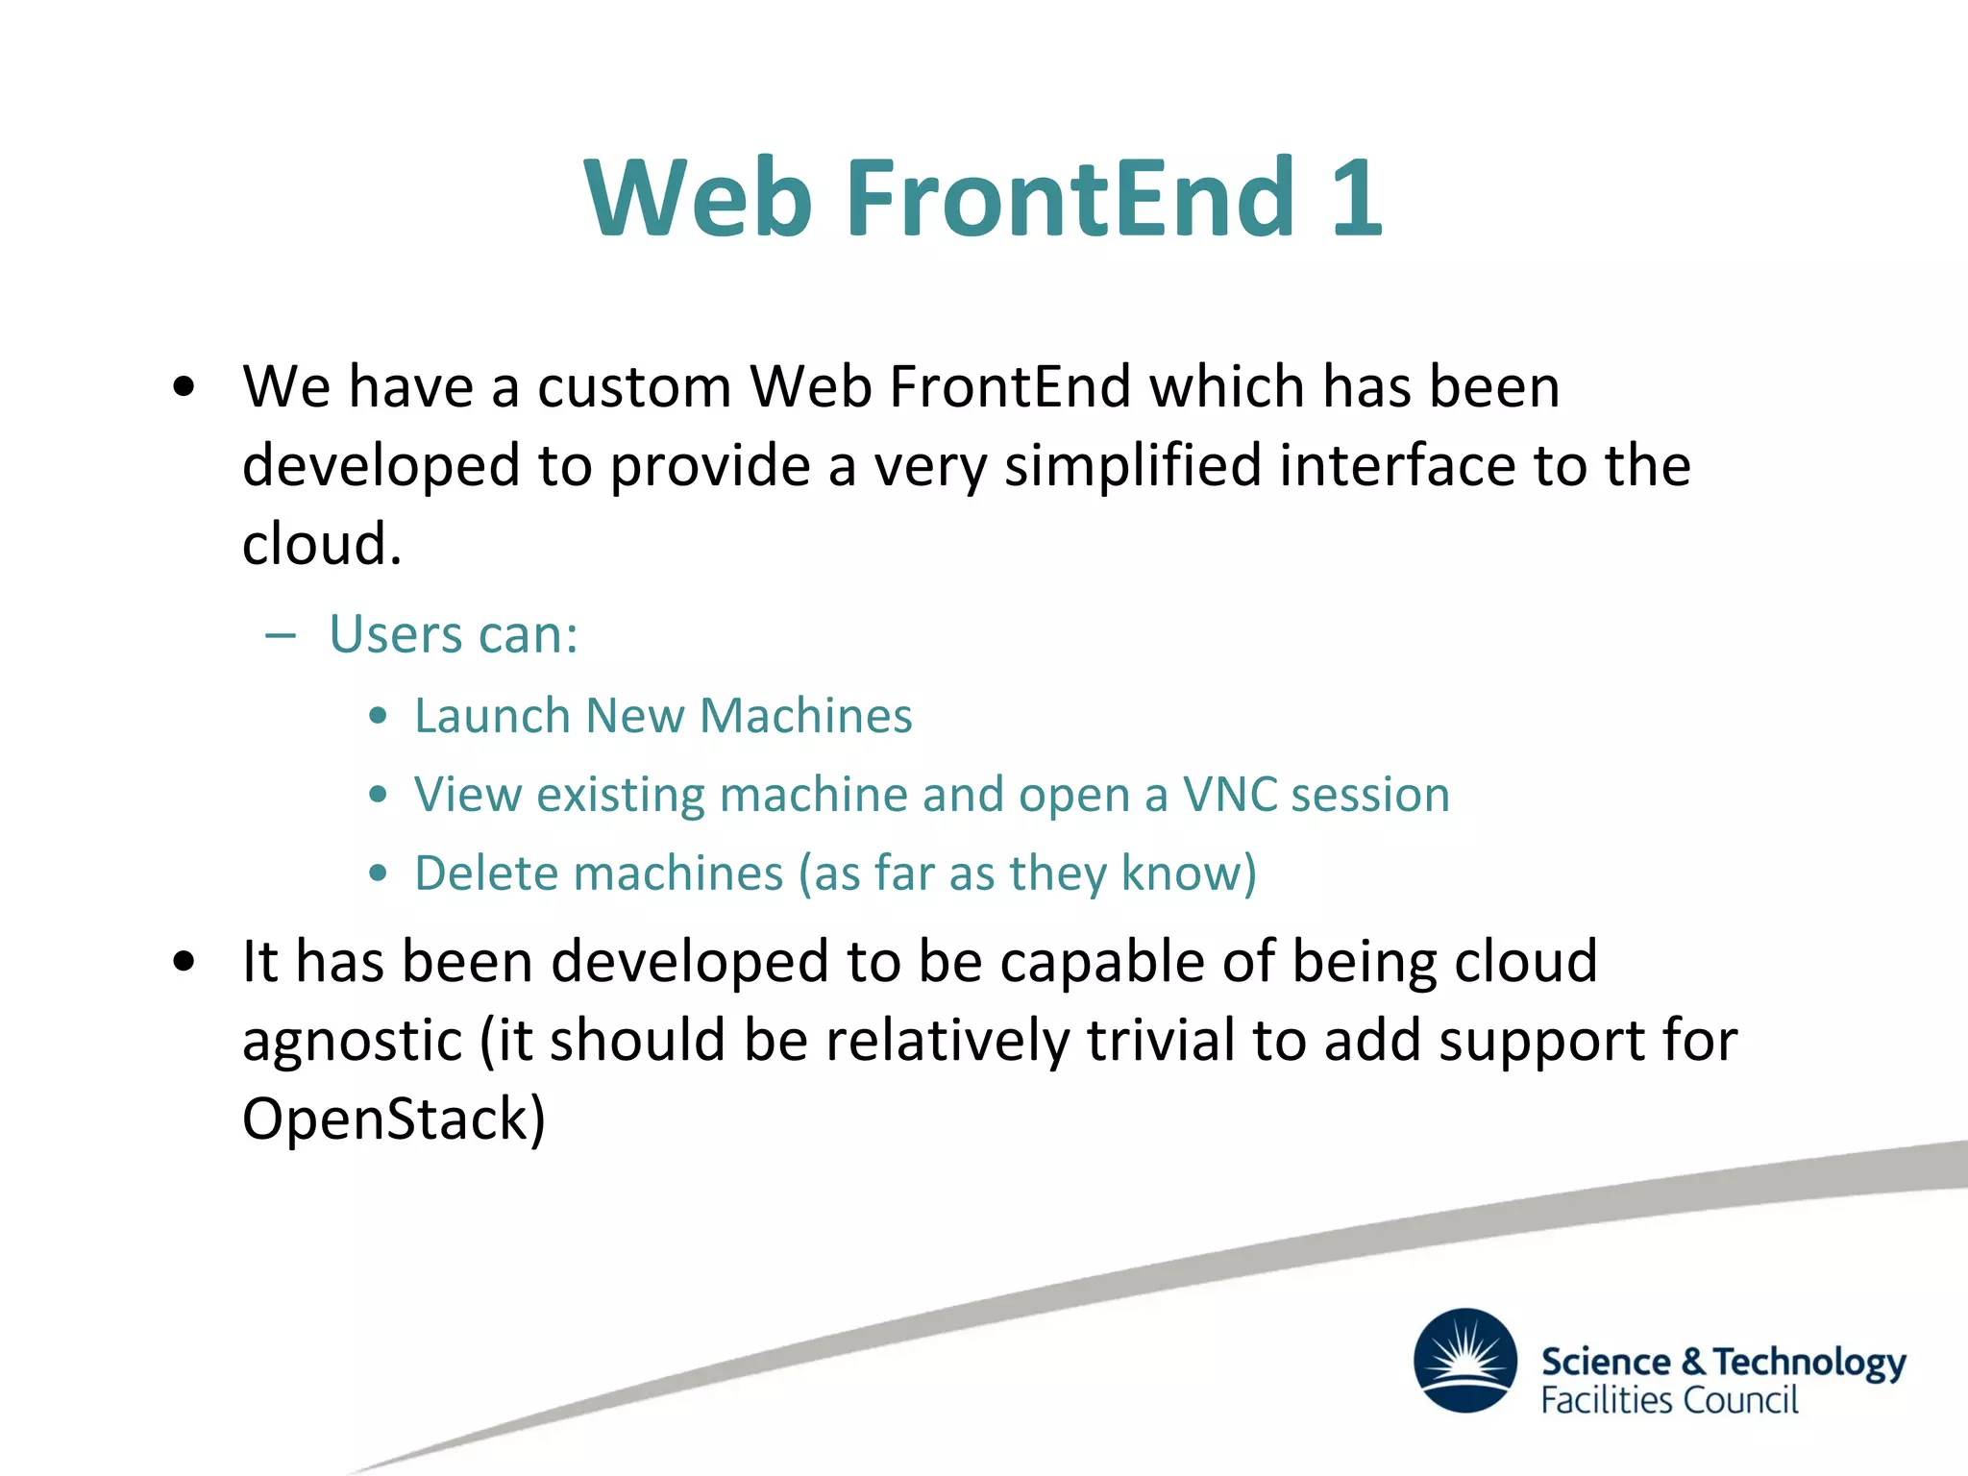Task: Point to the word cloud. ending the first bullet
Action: tap(321, 545)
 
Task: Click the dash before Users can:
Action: tap(280, 636)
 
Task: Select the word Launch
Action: tap(492, 716)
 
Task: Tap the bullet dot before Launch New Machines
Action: tap(379, 716)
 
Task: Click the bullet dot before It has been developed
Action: tap(184, 961)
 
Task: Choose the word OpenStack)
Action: tap(393, 1119)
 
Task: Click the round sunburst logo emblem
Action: tap(1465, 1360)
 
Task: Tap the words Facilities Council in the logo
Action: tap(1668, 1400)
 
